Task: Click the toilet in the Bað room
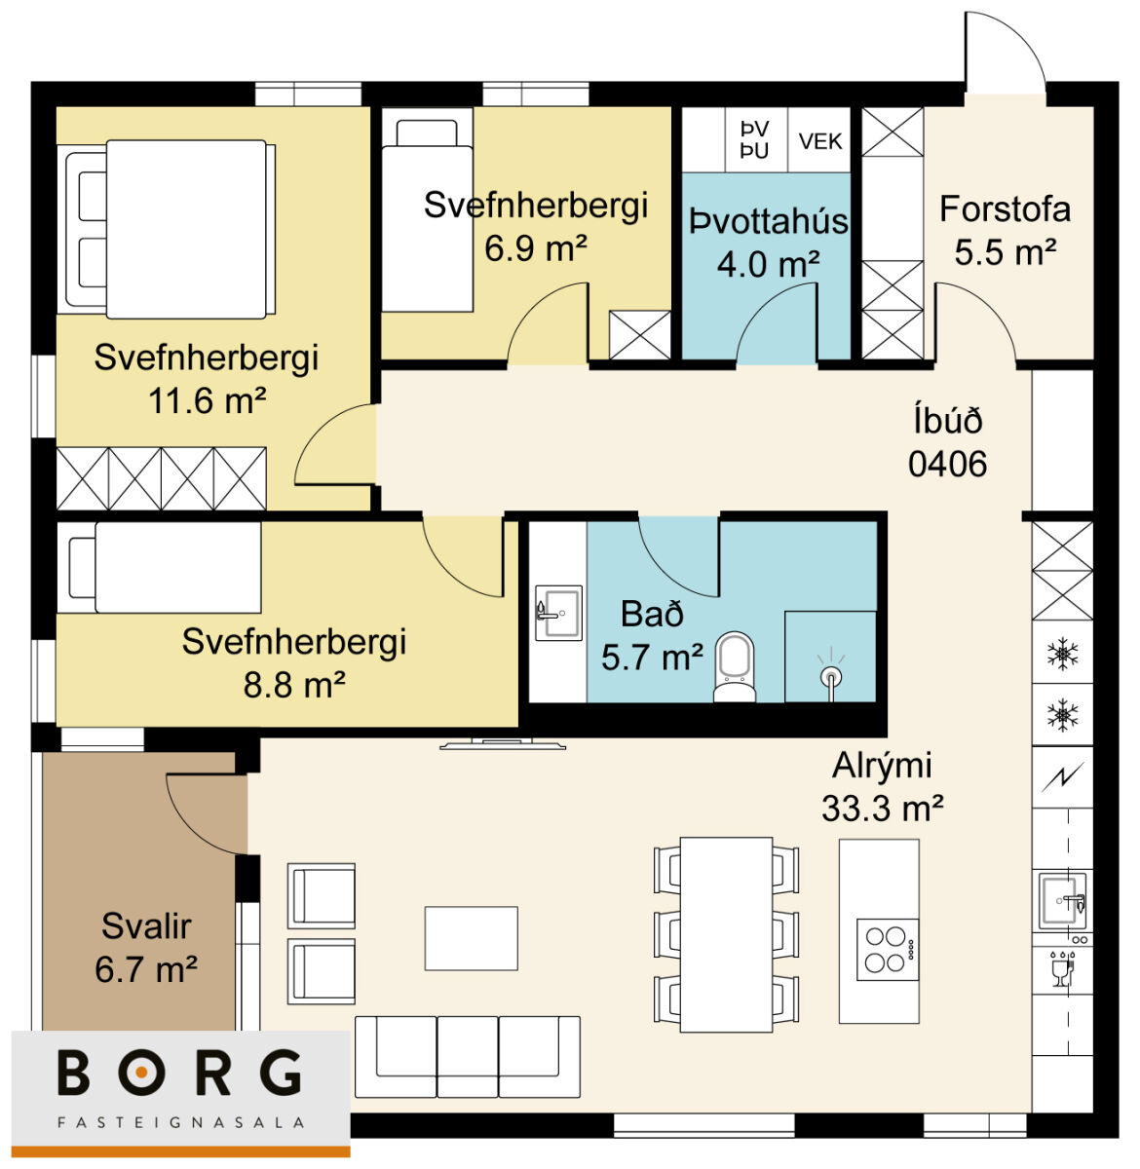pos(735,666)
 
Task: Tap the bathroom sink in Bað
pos(559,613)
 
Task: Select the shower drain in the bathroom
pos(831,678)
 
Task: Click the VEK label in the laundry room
pos(820,142)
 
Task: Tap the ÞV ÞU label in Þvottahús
pos(754,140)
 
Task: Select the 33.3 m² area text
pos(882,809)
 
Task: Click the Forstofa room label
pos(1005,209)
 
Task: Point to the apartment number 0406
pos(947,465)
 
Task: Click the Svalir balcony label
pos(146,925)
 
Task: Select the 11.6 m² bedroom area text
pos(207,400)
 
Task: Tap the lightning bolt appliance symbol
pos(1062,777)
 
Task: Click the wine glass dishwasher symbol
pos(1061,967)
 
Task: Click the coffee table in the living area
pos(472,938)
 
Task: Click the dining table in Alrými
pos(726,934)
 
